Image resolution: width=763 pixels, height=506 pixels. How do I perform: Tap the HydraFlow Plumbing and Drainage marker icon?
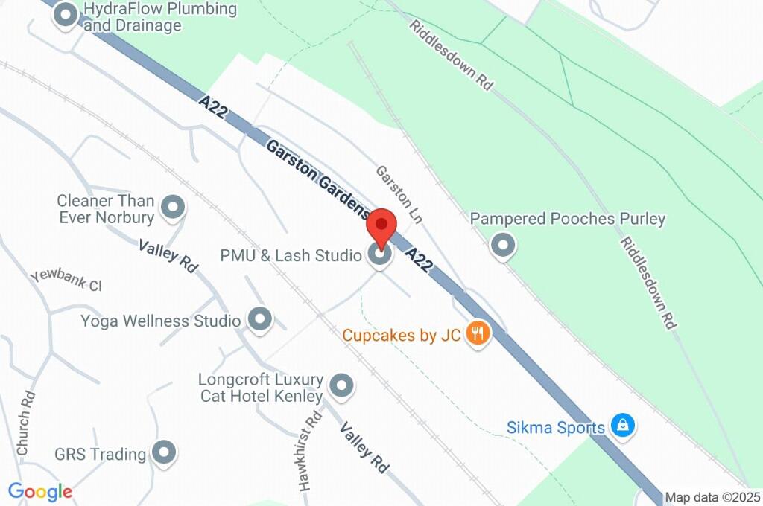click(66, 16)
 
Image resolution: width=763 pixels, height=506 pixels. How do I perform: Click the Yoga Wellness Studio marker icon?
click(259, 320)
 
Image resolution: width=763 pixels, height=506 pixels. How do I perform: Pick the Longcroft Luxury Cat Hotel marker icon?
click(342, 385)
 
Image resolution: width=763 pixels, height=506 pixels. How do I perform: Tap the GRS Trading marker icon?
click(163, 452)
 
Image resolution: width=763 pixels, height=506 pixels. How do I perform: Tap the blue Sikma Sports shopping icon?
click(621, 426)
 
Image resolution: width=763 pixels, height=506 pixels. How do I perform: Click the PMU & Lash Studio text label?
click(291, 255)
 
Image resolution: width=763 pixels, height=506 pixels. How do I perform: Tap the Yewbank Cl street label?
click(66, 280)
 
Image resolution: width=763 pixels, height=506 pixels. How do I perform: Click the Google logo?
click(39, 491)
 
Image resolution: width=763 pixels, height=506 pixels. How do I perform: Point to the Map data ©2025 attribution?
click(713, 498)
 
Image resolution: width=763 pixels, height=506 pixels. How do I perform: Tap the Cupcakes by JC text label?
click(402, 336)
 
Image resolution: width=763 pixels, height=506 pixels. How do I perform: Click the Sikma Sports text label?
click(556, 428)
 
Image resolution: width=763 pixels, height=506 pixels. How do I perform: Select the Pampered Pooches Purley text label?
click(568, 220)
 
